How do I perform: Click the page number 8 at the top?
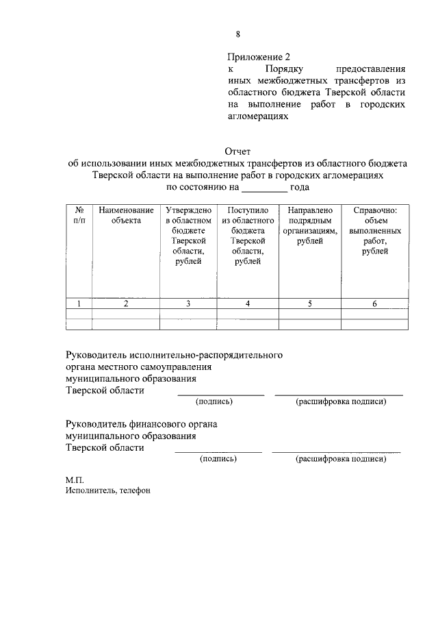point(237,34)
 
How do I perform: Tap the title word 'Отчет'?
point(237,151)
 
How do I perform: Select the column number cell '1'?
point(79,304)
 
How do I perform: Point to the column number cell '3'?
point(188,304)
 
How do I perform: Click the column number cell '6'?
point(374,304)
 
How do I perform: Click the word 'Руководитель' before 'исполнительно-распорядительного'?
point(94,356)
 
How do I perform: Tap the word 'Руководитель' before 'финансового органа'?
point(94,425)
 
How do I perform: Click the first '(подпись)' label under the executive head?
point(215,401)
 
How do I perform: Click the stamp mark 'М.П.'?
point(74,480)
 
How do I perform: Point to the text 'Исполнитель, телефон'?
point(107,491)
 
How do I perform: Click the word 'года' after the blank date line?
point(300,187)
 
